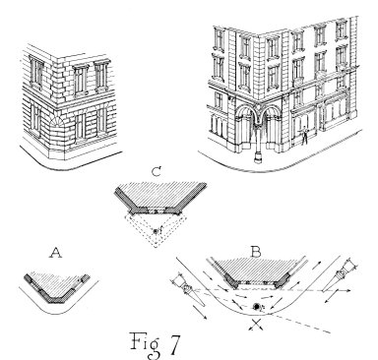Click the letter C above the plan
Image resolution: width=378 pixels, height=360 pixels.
click(157, 173)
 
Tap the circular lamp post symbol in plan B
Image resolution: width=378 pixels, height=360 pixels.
click(257, 307)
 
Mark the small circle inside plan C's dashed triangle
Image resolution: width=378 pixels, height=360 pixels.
click(157, 230)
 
